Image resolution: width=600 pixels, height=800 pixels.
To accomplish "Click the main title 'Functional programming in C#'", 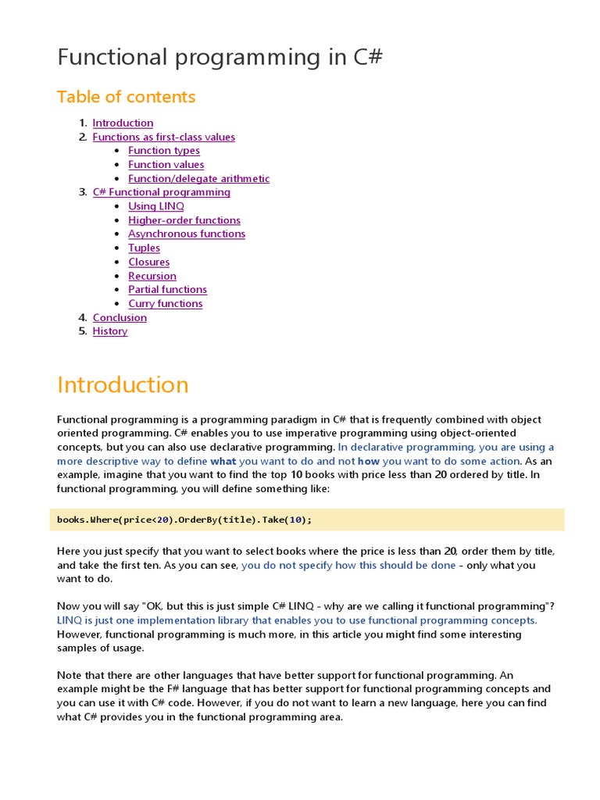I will pos(220,58).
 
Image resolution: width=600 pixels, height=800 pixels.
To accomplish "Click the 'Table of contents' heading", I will pos(126,97).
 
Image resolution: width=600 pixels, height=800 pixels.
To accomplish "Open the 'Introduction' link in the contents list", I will pos(123,123).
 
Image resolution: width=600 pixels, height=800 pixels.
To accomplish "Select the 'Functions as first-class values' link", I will pos(163,137).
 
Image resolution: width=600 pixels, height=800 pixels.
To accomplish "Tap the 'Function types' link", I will pos(164,151).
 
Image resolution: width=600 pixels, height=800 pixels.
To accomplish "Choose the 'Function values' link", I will pos(166,165).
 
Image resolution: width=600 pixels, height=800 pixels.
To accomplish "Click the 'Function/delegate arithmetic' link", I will pos(199,179).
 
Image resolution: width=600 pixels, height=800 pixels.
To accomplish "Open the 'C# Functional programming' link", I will pos(161,192).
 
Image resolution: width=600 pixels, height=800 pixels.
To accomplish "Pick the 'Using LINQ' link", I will pos(156,206).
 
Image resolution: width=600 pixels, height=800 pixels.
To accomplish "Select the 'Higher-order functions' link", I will pos(184,220).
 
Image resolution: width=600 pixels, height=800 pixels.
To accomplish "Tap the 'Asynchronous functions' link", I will pos(187,234).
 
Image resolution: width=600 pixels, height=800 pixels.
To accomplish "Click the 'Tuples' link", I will pos(145,248).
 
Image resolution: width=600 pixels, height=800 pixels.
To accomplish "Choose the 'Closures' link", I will pos(149,262).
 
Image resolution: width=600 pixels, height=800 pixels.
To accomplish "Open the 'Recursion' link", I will pos(152,276).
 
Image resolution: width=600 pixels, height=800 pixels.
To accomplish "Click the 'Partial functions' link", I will pos(168,290).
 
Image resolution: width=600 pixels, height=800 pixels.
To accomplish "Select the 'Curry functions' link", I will pos(166,304).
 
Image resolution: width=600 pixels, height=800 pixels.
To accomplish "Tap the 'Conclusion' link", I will pos(120,317).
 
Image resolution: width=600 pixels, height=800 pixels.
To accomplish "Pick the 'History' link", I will pos(110,331).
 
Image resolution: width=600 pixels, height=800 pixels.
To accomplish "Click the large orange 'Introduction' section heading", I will pos(123,385).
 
